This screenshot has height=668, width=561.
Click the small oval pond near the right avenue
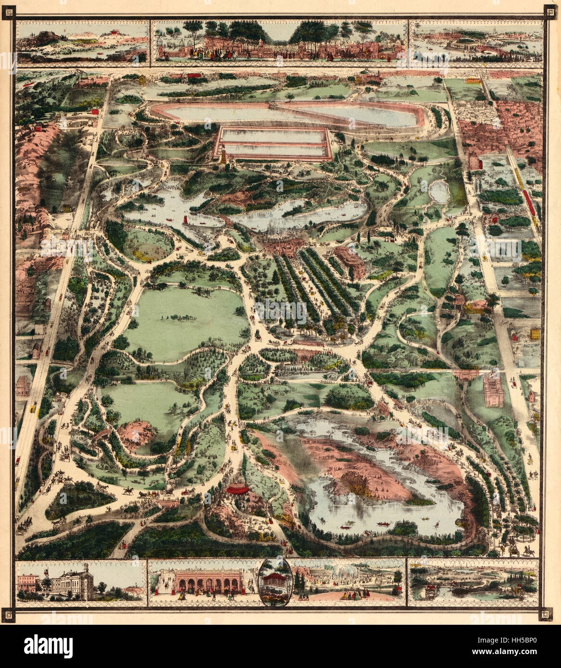[x=440, y=192]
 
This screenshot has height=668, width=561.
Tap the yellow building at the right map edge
[x=534, y=334]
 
